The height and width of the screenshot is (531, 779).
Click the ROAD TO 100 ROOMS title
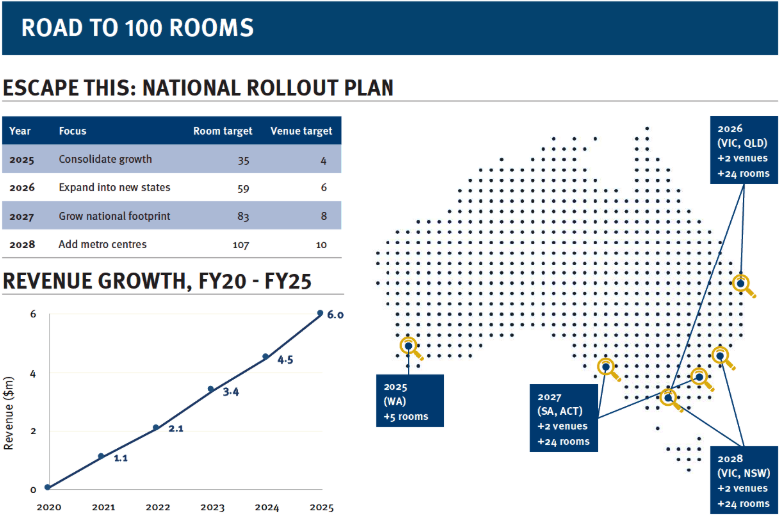tap(137, 28)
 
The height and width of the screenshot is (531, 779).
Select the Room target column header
tap(222, 131)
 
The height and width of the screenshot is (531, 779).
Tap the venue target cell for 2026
tap(320, 188)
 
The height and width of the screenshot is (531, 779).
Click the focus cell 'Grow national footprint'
tap(113, 216)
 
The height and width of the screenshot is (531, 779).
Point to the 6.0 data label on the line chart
tap(336, 315)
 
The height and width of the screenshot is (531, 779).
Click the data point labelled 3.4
tap(211, 389)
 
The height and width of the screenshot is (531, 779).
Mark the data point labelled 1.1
tap(101, 456)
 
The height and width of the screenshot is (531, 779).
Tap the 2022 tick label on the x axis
tap(158, 507)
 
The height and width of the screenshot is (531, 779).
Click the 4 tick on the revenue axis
tap(33, 374)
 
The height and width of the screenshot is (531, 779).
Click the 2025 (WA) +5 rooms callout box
tap(409, 399)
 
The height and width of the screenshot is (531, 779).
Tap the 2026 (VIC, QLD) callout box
tap(743, 150)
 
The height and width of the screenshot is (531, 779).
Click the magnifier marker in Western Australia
tap(408, 345)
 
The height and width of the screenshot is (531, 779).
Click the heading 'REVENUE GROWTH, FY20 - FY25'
tap(158, 281)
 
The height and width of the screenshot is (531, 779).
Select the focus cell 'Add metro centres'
tap(102, 244)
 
